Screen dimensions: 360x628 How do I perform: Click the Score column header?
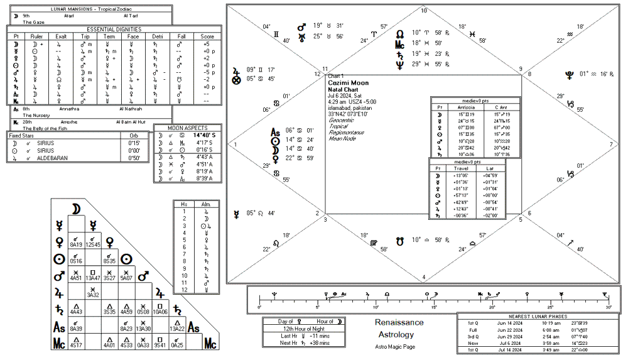[207, 36]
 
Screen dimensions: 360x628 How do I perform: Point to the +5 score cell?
[206, 45]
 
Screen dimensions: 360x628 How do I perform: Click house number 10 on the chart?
[423, 11]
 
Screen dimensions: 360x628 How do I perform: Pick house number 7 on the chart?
[610, 144]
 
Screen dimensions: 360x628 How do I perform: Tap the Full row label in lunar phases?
[473, 330]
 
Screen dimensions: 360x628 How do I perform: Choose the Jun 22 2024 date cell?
[511, 330]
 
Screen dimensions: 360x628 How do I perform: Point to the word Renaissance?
[399, 322]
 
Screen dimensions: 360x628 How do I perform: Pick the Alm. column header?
[205, 205]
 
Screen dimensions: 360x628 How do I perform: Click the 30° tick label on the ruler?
[608, 307]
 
